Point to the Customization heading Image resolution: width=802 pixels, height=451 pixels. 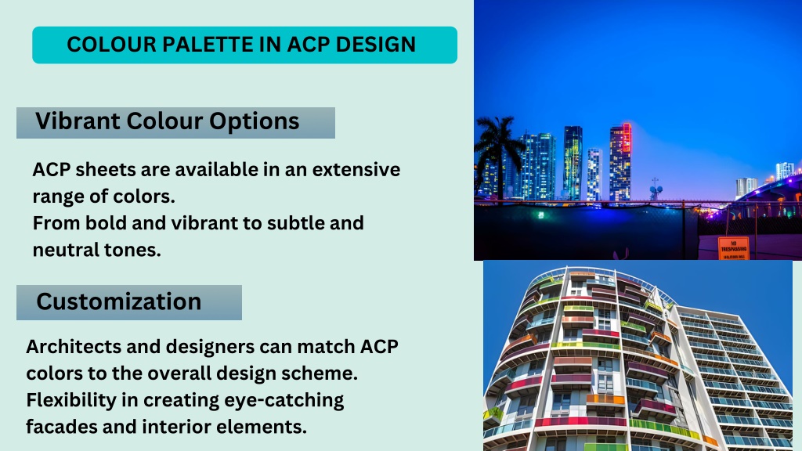(119, 301)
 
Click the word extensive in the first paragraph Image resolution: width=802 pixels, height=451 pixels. (356, 169)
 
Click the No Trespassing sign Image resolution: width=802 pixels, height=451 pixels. (733, 248)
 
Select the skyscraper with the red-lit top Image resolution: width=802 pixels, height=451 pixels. (620, 162)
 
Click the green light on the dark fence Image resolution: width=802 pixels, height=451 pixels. (541, 215)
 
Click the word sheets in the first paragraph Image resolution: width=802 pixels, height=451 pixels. (105, 169)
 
